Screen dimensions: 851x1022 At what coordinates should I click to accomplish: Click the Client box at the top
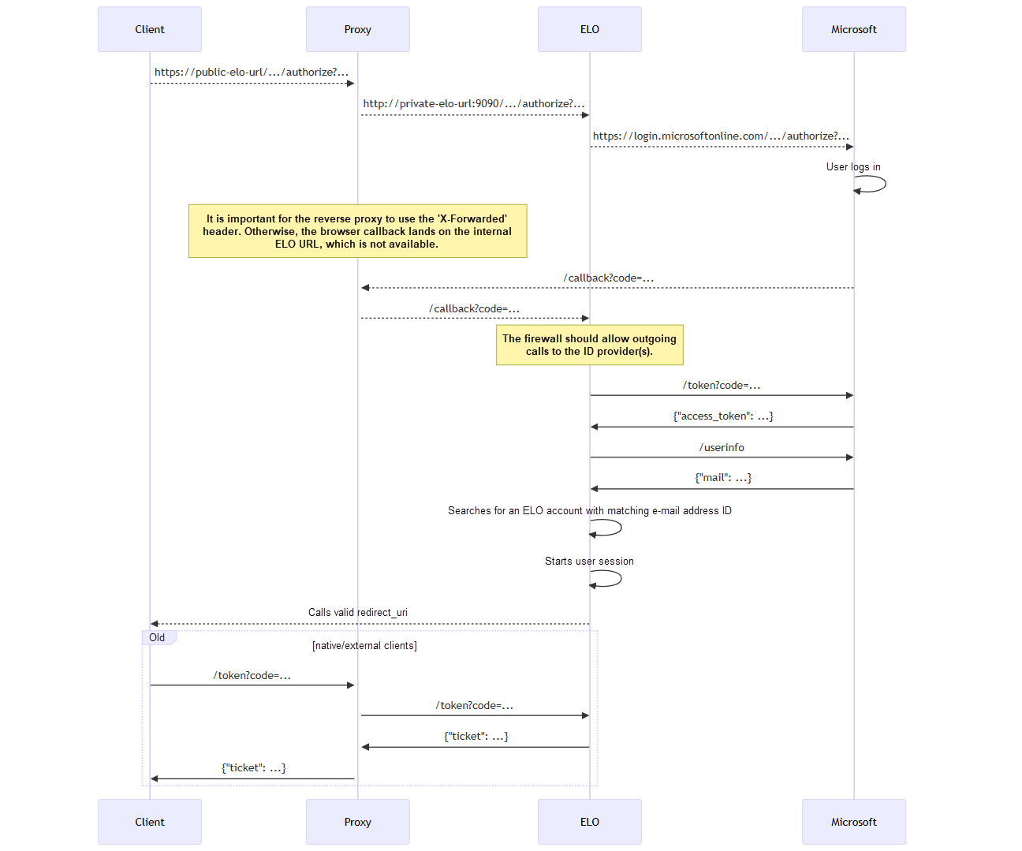150,30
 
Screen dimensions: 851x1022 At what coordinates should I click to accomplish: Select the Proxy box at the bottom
357,822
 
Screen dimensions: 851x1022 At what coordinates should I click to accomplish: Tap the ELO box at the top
589,30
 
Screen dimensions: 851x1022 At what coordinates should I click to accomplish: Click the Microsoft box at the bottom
853,822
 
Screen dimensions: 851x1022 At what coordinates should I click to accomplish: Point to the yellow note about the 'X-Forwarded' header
357,231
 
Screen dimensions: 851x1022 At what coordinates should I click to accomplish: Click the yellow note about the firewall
589,345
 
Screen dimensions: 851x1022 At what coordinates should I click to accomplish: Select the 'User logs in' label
853,167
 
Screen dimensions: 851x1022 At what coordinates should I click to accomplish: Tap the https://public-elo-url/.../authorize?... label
251,73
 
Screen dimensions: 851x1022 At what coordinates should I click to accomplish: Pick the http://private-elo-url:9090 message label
473,104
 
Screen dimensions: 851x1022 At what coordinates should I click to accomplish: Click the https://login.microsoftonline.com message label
721,136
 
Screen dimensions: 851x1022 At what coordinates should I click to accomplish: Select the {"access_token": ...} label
722,416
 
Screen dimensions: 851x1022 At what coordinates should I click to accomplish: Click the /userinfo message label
722,448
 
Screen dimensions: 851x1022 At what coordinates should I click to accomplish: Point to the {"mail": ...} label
722,478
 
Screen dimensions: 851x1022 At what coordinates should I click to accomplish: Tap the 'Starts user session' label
589,562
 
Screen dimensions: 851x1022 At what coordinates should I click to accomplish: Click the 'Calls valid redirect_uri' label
357,613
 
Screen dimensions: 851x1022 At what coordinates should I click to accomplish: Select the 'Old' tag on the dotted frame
158,638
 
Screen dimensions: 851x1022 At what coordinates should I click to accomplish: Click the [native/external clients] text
364,646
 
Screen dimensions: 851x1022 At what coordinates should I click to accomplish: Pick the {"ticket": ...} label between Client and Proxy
253,768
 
